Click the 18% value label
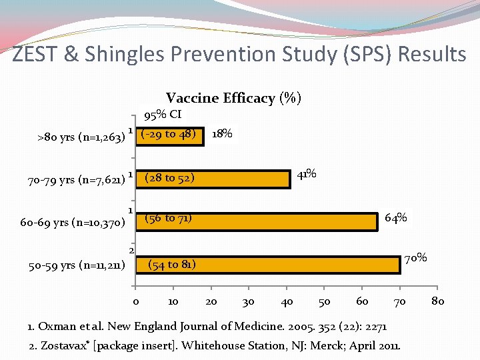[222, 134]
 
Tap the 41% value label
[307, 175]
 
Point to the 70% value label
[417, 257]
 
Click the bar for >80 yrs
[170, 135]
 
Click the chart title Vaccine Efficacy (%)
[233, 99]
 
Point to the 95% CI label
[163, 115]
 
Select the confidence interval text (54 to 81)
[171, 265]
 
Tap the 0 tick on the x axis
[135, 302]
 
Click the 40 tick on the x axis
[287, 302]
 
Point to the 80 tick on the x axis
[437, 302]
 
